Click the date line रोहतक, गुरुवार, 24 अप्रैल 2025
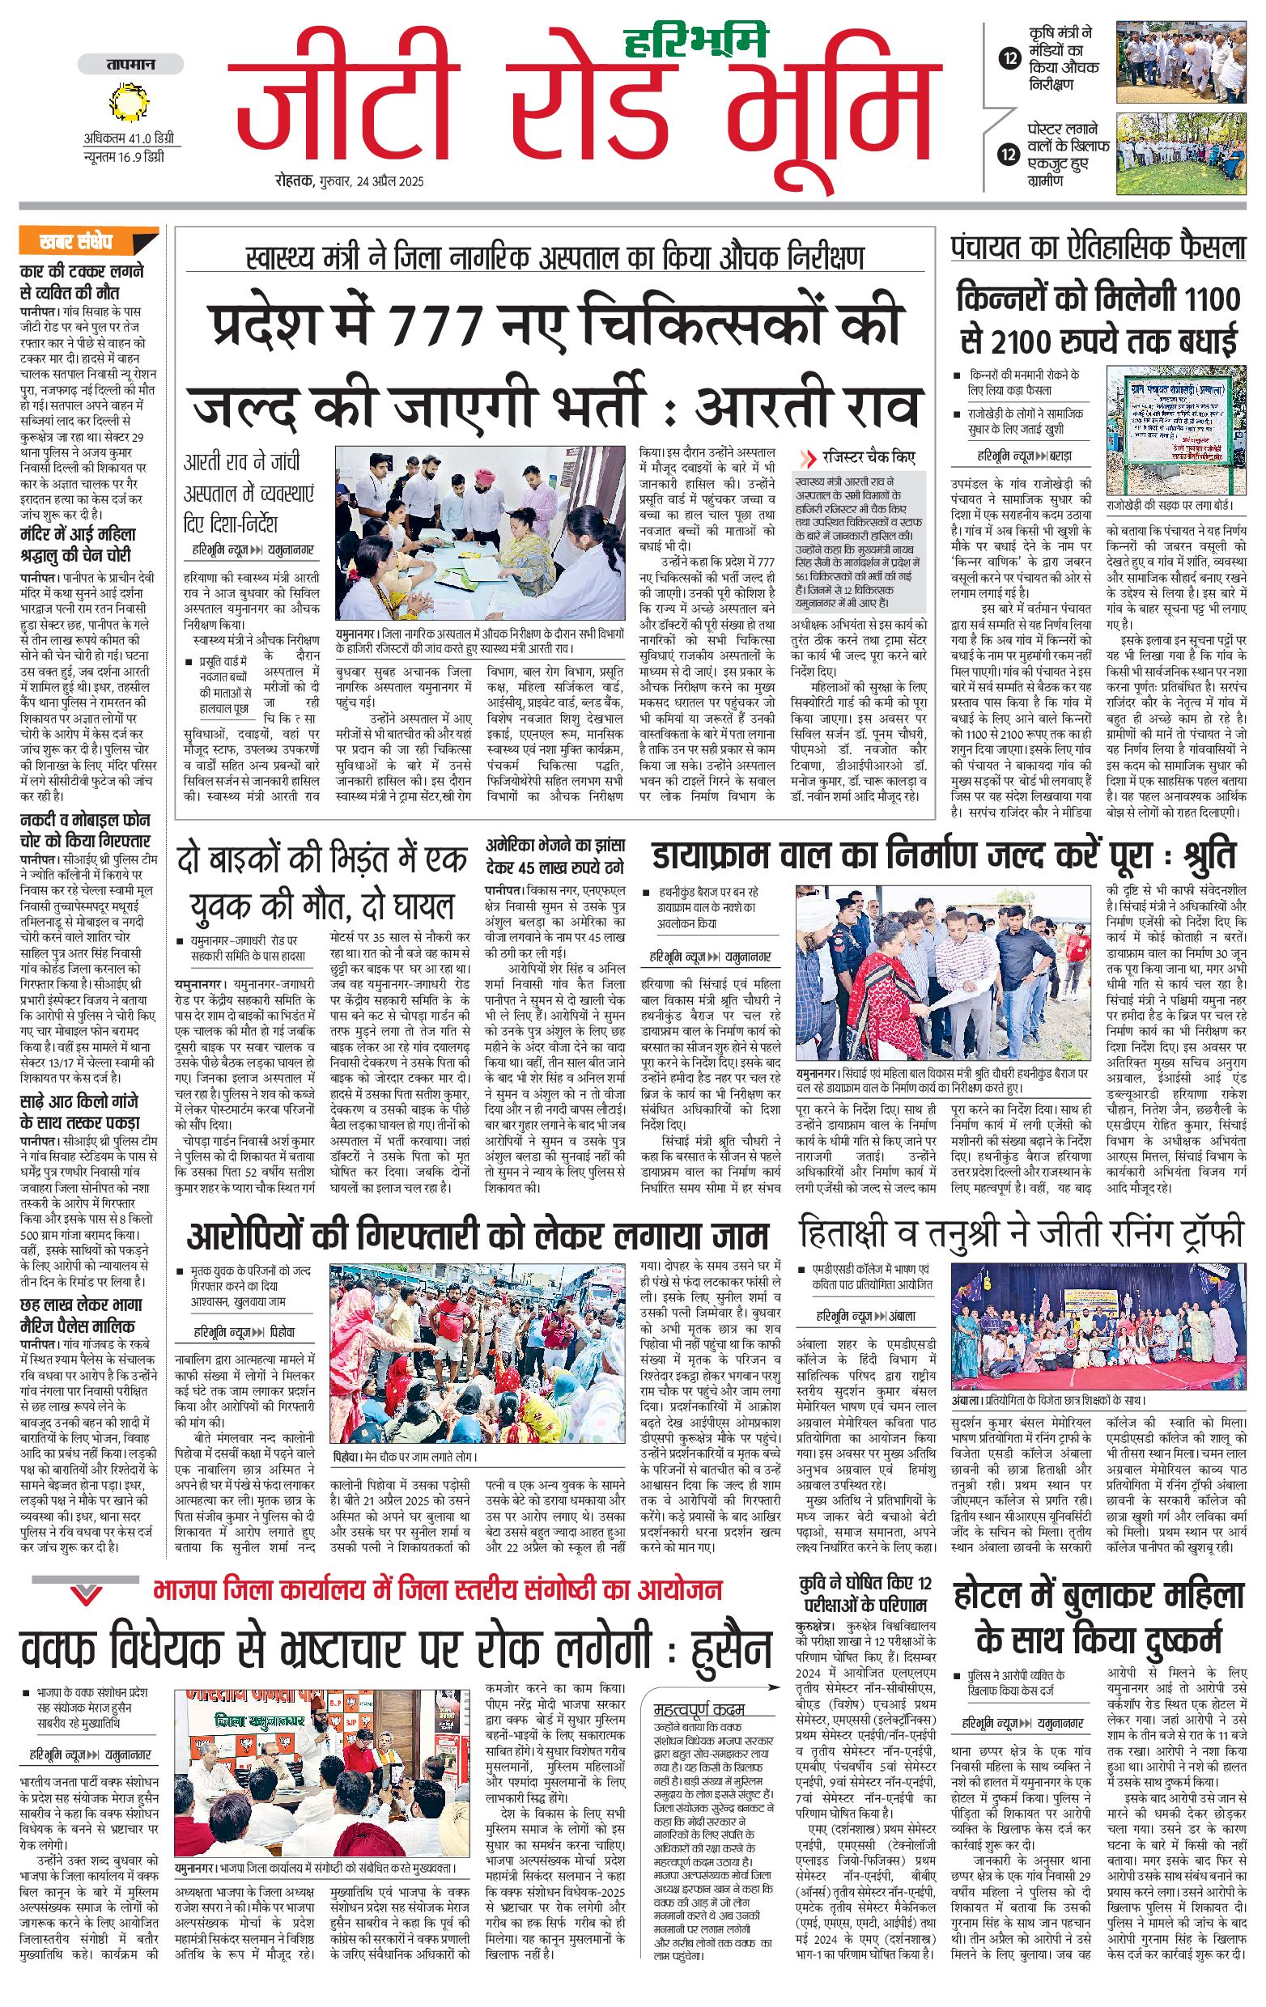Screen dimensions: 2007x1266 tap(350, 180)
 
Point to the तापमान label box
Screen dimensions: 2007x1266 tap(130, 64)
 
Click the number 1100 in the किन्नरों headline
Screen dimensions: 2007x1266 tap(1212, 299)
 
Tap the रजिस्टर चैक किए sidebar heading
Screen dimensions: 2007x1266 tap(868, 457)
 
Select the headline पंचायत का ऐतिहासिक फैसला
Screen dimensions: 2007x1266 tap(1098, 248)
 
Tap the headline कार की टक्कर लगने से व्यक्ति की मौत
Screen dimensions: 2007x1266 tap(82, 282)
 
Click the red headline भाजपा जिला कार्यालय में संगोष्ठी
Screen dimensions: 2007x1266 tap(438, 1589)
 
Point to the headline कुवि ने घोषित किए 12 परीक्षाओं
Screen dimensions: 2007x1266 tap(865, 1593)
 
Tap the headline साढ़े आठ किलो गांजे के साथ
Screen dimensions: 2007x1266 tap(79, 1112)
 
